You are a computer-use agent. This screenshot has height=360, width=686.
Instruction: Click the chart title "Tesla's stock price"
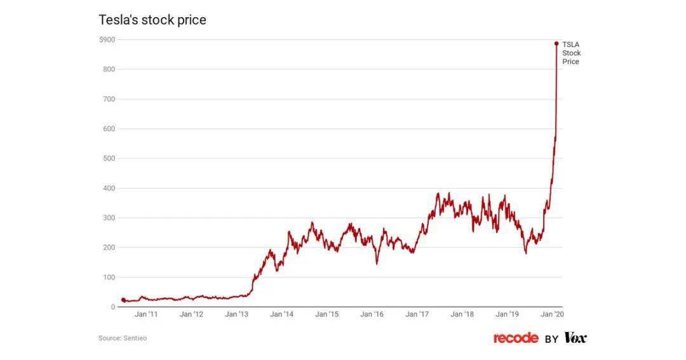[152, 20]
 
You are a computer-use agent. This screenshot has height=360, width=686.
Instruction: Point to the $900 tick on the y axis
[107, 40]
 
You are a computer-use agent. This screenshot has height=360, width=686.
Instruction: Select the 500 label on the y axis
[109, 158]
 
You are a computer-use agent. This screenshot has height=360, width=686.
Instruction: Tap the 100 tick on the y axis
[109, 277]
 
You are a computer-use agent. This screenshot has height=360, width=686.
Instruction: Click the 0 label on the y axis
[113, 307]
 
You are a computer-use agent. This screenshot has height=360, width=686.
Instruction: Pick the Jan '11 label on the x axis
[146, 314]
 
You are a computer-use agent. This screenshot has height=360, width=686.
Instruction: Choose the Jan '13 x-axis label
[237, 314]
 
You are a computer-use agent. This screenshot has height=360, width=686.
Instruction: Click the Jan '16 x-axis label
[372, 314]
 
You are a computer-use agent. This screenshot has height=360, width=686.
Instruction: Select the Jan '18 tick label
[462, 314]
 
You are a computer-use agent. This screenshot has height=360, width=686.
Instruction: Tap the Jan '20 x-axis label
[552, 314]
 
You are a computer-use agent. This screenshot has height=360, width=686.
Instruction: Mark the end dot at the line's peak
[556, 43]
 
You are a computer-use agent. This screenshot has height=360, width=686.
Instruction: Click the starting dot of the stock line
[123, 300]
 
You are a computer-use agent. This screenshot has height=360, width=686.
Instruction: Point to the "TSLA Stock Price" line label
[572, 53]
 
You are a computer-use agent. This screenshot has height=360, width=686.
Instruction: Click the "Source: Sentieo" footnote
[123, 338]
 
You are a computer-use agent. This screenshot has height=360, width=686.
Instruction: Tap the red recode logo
[516, 338]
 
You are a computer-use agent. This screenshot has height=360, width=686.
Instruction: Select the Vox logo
[575, 338]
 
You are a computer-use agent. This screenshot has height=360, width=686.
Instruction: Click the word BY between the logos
[551, 339]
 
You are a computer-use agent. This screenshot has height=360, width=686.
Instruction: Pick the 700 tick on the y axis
[109, 99]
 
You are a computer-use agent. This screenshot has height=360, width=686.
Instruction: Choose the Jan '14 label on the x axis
[282, 314]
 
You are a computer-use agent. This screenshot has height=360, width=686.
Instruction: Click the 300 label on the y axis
[109, 218]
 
